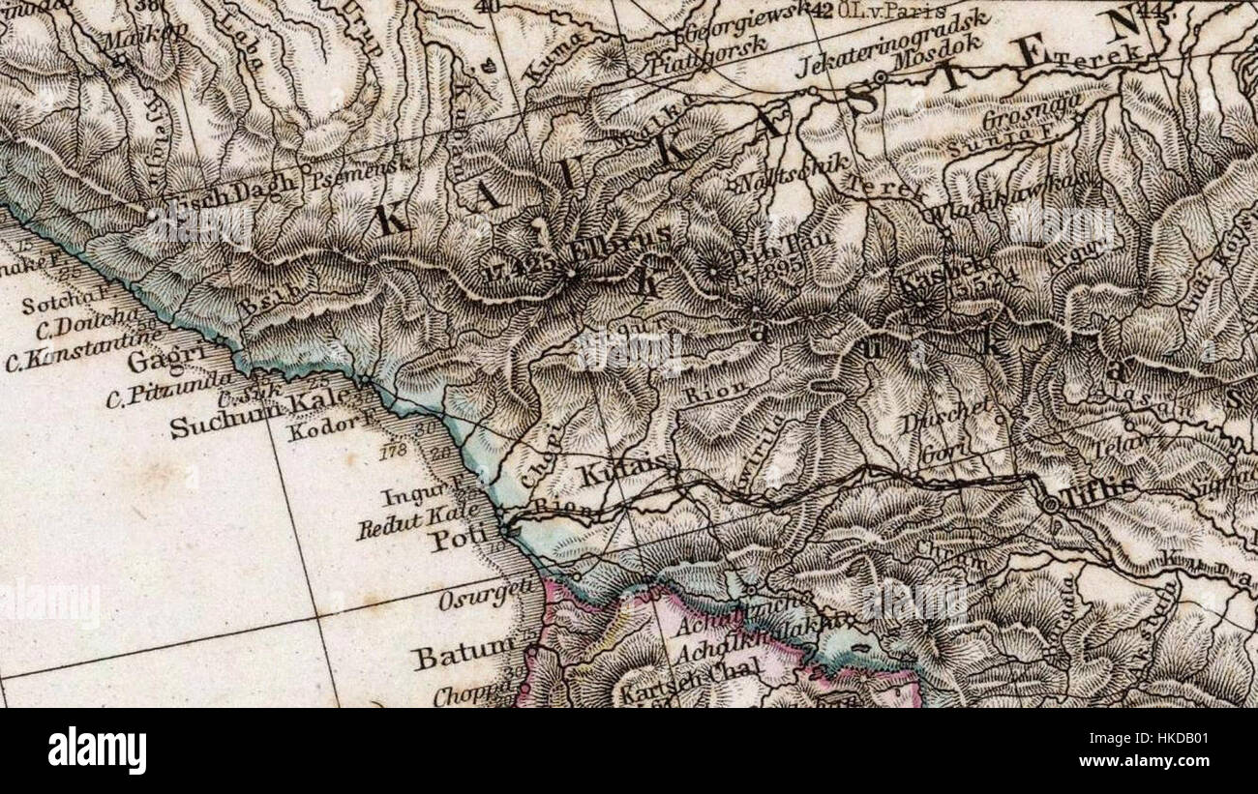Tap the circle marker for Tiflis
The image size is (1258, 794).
[x=1051, y=504]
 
